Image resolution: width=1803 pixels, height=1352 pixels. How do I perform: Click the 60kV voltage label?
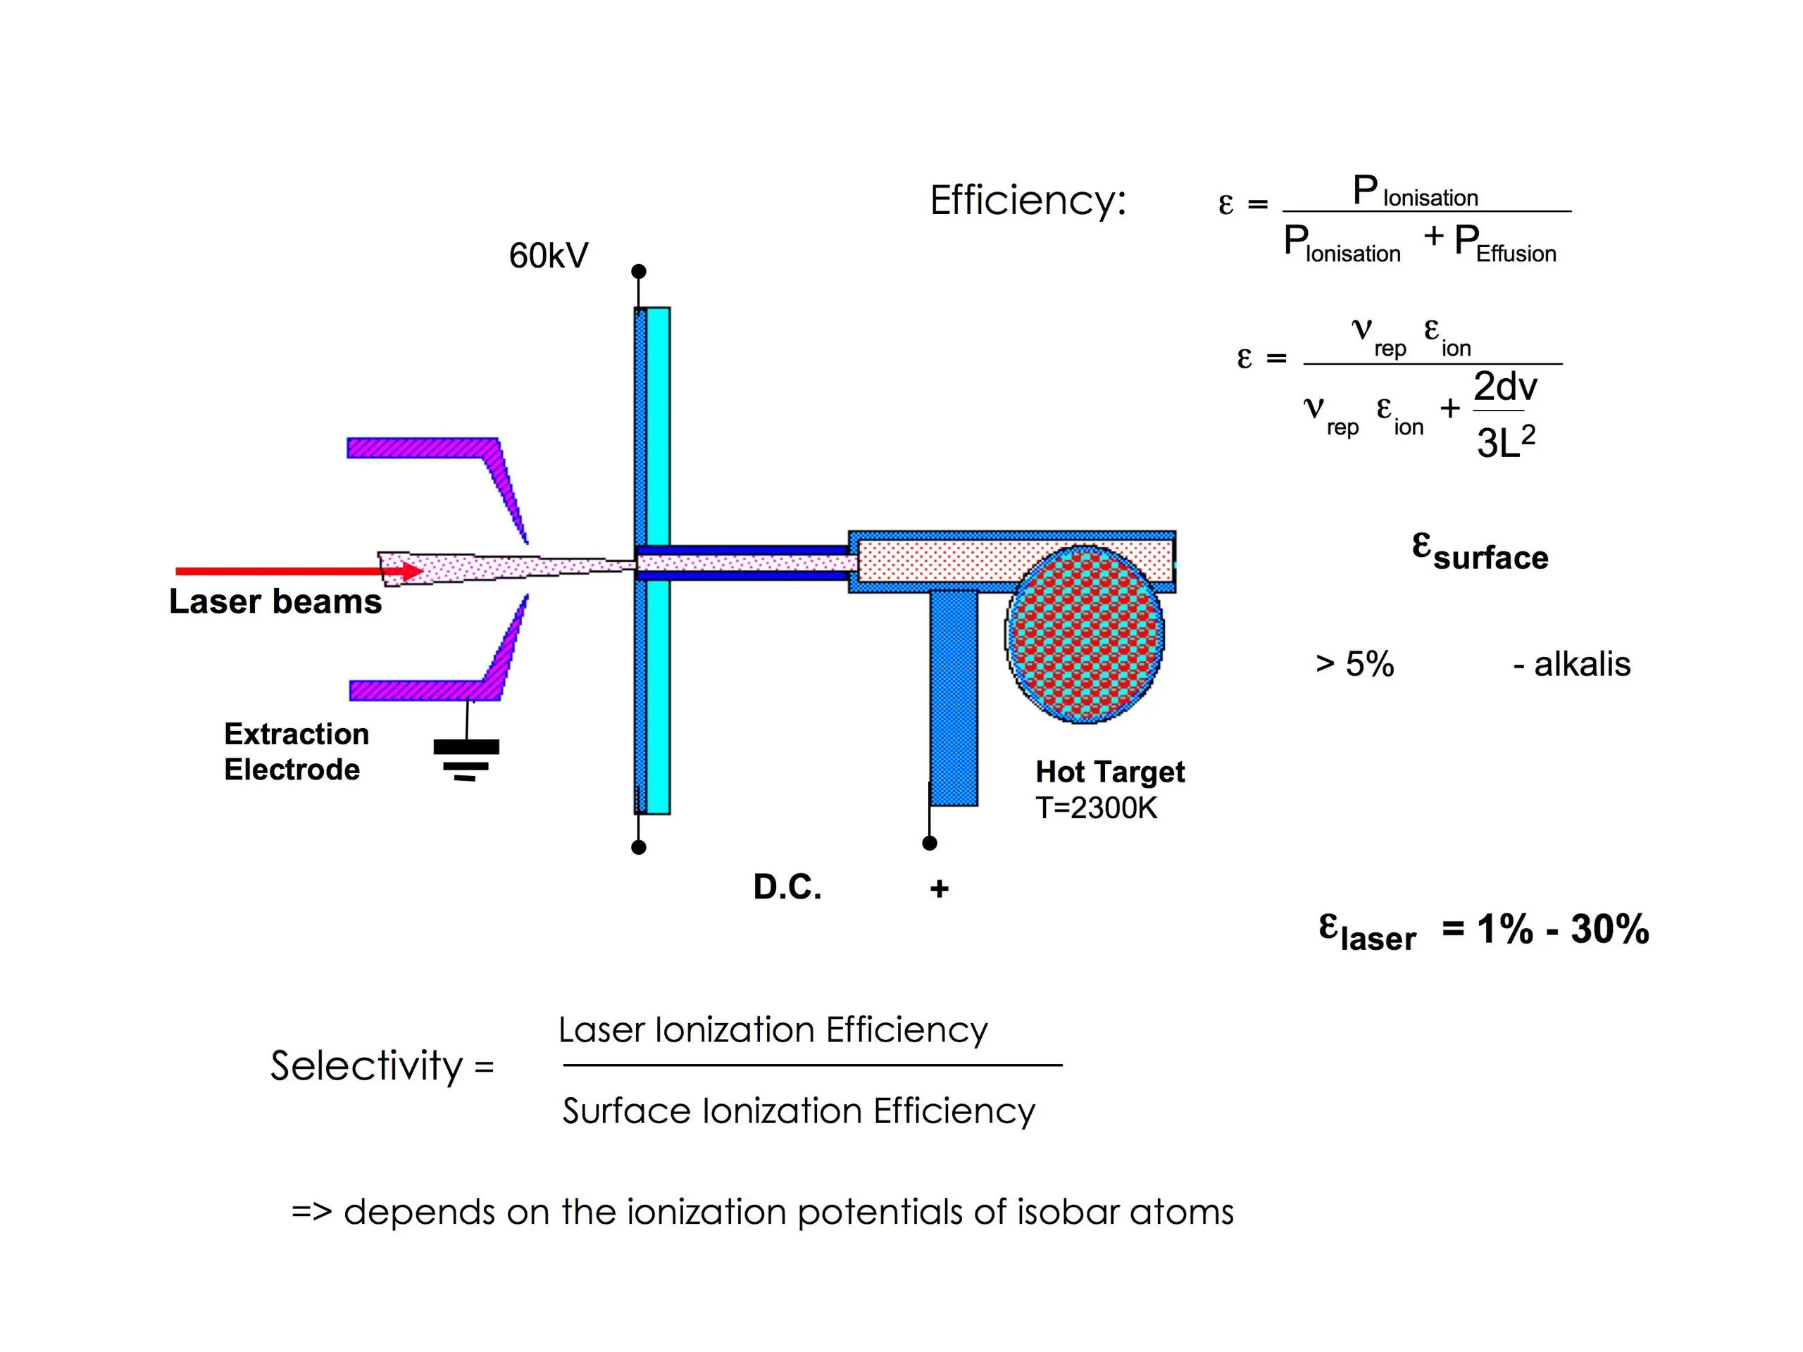pyautogui.click(x=548, y=256)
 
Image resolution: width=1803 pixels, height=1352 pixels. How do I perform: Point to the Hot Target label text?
pyautogui.click(x=1109, y=772)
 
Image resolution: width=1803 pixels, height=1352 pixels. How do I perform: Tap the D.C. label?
pyautogui.click(x=787, y=887)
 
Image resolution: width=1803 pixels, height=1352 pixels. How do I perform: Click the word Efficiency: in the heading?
pyautogui.click(x=1027, y=201)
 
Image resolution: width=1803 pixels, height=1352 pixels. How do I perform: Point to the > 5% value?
pyautogui.click(x=1354, y=664)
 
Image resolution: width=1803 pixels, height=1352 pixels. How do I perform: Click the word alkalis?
pyautogui.click(x=1581, y=664)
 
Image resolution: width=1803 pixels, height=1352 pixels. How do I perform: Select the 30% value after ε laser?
pyautogui.click(x=1610, y=929)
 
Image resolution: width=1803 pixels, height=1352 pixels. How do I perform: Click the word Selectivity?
pyautogui.click(x=367, y=1066)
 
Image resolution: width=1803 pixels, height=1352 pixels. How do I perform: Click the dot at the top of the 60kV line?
pyautogui.click(x=639, y=271)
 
